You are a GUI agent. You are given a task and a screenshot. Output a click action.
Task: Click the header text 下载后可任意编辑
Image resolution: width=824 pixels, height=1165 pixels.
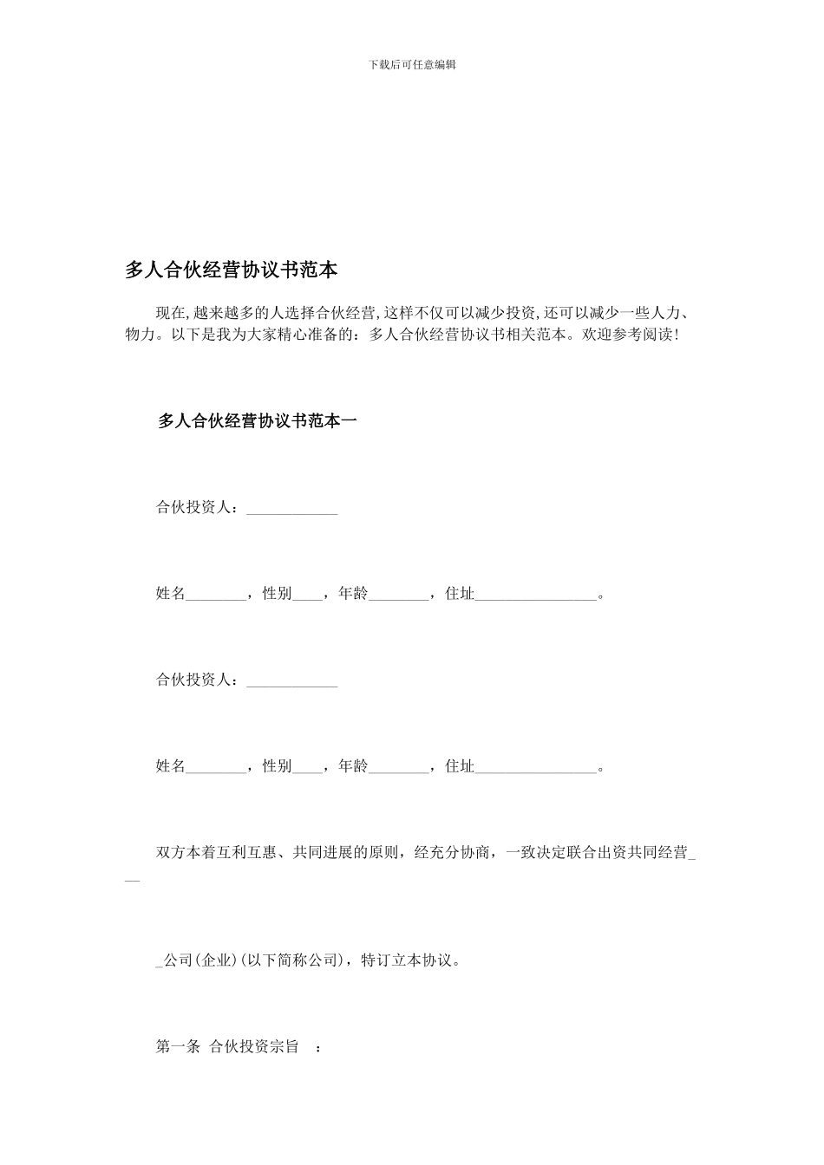pyautogui.click(x=412, y=64)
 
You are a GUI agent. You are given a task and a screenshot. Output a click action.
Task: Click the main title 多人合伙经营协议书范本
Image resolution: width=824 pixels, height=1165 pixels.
pyautogui.click(x=231, y=270)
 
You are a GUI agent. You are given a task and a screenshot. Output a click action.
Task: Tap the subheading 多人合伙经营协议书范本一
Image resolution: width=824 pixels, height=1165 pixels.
pyautogui.click(x=257, y=421)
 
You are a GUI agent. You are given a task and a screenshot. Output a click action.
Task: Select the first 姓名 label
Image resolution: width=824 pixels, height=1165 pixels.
pyautogui.click(x=171, y=594)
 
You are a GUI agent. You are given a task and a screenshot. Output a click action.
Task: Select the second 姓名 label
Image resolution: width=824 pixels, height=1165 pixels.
pyautogui.click(x=171, y=766)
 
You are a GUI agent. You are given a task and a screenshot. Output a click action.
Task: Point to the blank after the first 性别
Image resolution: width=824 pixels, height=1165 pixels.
pyautogui.click(x=308, y=597)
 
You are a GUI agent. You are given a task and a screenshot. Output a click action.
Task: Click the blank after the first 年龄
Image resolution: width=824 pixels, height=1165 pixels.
pyautogui.click(x=399, y=597)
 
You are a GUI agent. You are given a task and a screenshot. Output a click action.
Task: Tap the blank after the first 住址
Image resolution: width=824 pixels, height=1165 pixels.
pyautogui.click(x=536, y=597)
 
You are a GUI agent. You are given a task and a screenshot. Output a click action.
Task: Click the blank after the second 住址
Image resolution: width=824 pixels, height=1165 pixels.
pyautogui.click(x=536, y=770)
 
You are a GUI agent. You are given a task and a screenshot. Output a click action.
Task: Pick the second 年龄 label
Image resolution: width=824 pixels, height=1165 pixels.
pyautogui.click(x=353, y=766)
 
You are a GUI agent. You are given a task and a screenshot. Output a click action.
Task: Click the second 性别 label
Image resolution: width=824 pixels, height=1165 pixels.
pyautogui.click(x=277, y=766)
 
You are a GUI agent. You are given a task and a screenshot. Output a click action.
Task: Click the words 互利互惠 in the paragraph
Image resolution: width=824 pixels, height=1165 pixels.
pyautogui.click(x=246, y=853)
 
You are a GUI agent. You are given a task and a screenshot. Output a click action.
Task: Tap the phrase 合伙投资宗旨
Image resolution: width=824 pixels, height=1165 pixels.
pyautogui.click(x=254, y=1046)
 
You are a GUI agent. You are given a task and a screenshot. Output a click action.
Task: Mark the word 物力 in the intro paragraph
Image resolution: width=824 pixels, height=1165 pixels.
pyautogui.click(x=140, y=334)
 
